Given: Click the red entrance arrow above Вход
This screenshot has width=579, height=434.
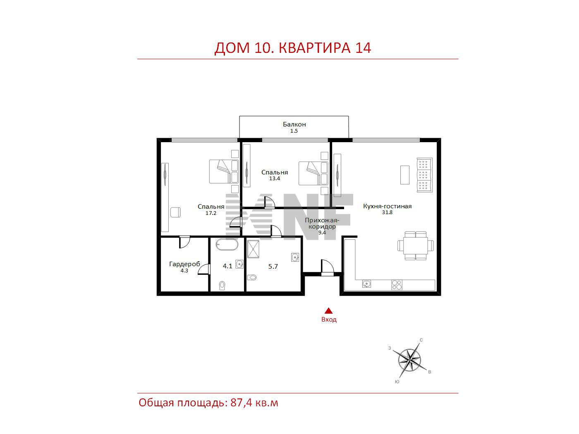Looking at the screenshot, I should pyautogui.click(x=328, y=311).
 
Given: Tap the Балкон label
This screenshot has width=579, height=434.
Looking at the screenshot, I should pyautogui.click(x=294, y=124).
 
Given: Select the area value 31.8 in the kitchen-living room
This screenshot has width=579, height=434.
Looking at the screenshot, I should pyautogui.click(x=387, y=212).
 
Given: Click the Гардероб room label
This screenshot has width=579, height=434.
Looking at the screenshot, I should pyautogui.click(x=184, y=264).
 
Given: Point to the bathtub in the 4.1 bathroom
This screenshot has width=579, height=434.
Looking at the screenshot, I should pyautogui.click(x=227, y=245).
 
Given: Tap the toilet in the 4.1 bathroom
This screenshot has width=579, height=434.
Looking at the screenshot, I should pyautogui.click(x=222, y=286).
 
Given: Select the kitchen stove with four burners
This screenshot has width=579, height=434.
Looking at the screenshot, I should pyautogui.click(x=397, y=284).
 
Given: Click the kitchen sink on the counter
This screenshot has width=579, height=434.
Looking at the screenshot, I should pyautogui.click(x=366, y=284).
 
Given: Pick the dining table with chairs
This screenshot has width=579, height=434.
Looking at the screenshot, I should pyautogui.click(x=416, y=246).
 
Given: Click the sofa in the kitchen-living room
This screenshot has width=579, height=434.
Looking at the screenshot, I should pyautogui.click(x=424, y=175).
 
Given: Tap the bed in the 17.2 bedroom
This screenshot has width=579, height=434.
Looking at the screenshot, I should pyautogui.click(x=223, y=172).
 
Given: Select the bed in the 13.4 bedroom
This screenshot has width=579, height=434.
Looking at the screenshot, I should pyautogui.click(x=313, y=173).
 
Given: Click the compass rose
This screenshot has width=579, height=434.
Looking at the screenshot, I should pyautogui.click(x=409, y=360).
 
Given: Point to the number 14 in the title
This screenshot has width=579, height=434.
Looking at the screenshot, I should pyautogui.click(x=363, y=48).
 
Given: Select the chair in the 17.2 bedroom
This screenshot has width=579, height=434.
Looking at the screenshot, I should pyautogui.click(x=175, y=212).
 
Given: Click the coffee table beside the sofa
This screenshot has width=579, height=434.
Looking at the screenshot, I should pyautogui.click(x=404, y=175).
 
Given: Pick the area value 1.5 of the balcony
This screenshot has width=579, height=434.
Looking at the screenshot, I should pyautogui.click(x=294, y=131).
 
